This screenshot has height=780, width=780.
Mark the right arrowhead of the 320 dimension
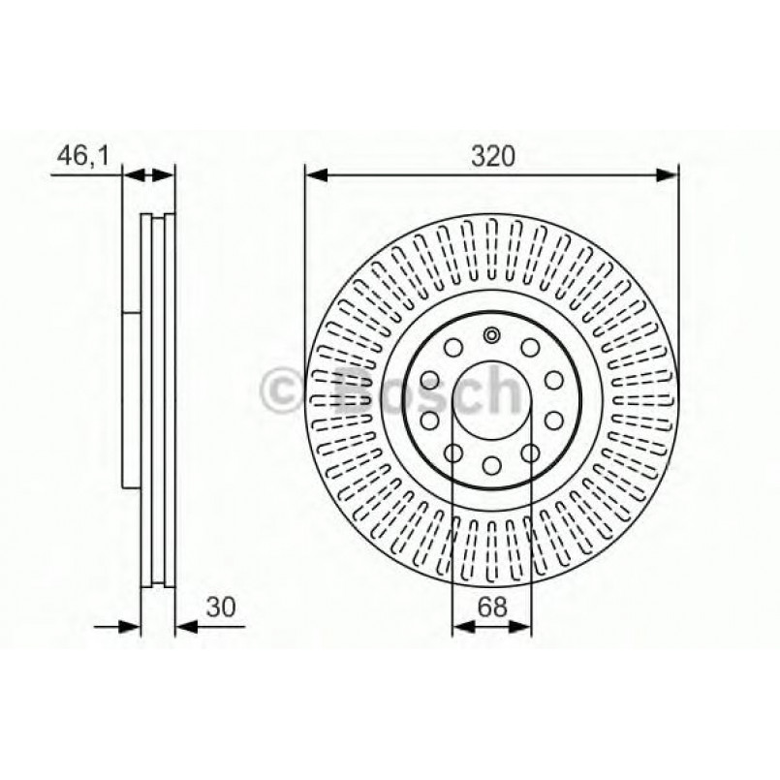pos(671,175)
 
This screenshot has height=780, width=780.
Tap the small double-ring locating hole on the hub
pos(492,336)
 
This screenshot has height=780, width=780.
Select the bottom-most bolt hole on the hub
pos(492,464)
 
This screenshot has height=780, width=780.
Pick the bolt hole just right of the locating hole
pos(530,348)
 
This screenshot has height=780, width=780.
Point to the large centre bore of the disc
pos(492,399)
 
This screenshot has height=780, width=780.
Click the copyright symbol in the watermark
pos(284,391)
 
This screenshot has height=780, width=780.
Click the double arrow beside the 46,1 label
pos(149,175)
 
